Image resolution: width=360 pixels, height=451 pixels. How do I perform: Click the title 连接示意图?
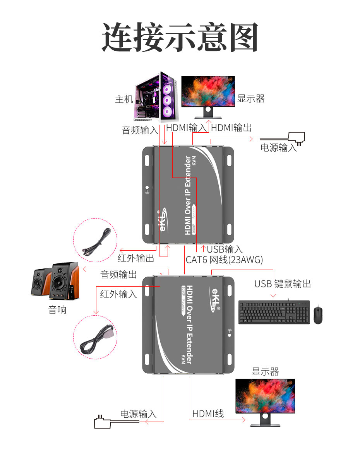[x=180, y=38]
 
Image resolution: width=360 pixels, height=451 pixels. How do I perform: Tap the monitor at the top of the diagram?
[x=208, y=95]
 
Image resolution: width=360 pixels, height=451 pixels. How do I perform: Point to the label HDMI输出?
[x=231, y=128]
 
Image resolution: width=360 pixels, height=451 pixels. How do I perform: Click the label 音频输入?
[x=140, y=130]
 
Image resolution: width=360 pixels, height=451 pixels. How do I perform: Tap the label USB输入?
[x=225, y=249]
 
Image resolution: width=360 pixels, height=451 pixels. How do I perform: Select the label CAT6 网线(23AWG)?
[x=224, y=260]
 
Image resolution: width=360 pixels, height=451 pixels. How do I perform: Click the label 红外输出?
[x=135, y=258]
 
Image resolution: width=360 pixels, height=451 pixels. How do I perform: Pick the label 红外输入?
[x=118, y=294]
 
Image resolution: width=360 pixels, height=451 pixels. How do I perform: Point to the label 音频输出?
[x=118, y=275]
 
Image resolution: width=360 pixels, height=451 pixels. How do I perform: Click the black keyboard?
[x=274, y=312]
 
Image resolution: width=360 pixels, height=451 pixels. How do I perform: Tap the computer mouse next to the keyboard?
[x=318, y=314]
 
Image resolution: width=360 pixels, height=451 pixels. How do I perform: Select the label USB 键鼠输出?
[x=283, y=284]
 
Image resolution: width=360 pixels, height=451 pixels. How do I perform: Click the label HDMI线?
[x=208, y=413]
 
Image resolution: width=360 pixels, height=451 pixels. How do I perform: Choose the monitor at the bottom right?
[x=265, y=400]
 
